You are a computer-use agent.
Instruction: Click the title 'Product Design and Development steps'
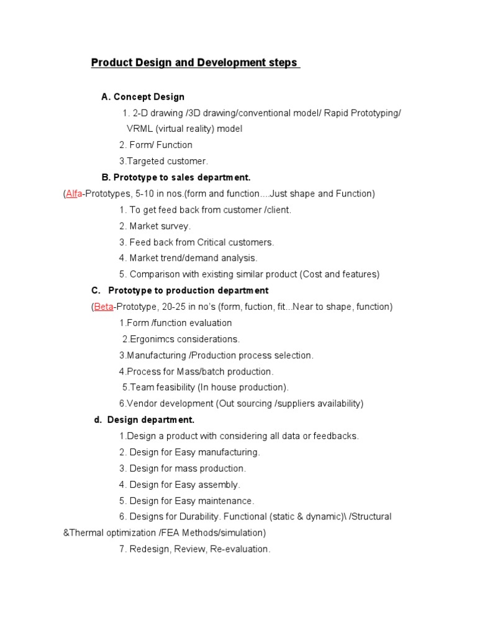pyautogui.click(x=194, y=63)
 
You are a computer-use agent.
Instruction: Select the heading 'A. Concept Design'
pyautogui.click(x=143, y=96)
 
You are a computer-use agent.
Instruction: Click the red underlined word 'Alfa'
pyautogui.click(x=73, y=193)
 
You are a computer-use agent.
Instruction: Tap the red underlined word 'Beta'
pyautogui.click(x=103, y=307)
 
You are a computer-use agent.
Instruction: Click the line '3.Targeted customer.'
pyautogui.click(x=163, y=161)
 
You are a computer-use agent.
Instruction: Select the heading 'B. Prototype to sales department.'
pyautogui.click(x=176, y=177)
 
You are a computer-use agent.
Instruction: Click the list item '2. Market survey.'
pyautogui.click(x=155, y=226)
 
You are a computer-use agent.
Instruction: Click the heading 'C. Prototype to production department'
pyautogui.click(x=179, y=291)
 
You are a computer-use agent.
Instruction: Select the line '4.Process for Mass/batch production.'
pyautogui.click(x=196, y=371)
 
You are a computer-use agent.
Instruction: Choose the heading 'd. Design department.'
pyautogui.click(x=144, y=420)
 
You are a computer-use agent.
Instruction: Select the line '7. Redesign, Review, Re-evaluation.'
pyautogui.click(x=194, y=549)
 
